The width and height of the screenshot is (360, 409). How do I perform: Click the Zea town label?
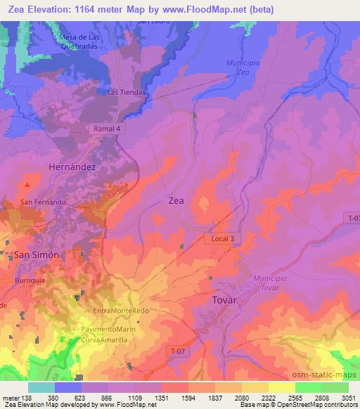point(176,200)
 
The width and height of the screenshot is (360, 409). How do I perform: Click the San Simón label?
point(37,255)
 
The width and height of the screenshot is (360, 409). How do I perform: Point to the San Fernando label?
point(43,202)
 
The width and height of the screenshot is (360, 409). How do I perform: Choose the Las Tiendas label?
point(127,92)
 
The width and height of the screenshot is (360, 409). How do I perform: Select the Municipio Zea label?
point(243,67)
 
